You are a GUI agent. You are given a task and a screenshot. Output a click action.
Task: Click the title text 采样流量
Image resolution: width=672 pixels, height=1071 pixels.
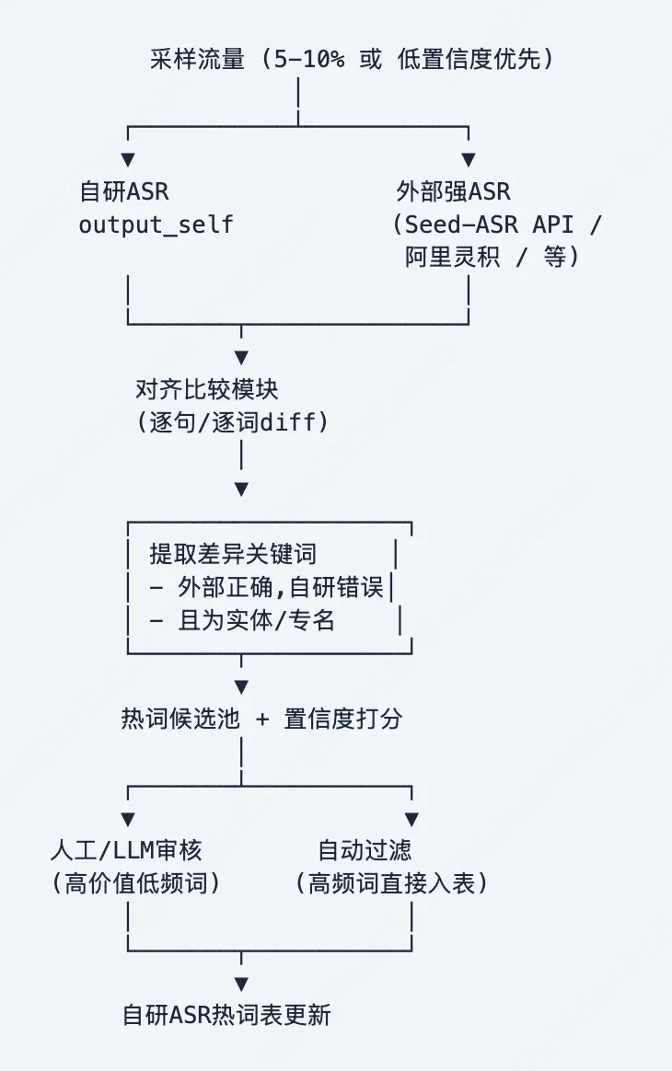(197, 61)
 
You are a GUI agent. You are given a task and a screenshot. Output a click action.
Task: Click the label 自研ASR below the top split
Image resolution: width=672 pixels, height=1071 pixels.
(124, 192)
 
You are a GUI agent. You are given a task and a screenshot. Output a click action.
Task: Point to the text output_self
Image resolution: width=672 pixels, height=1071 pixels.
(156, 225)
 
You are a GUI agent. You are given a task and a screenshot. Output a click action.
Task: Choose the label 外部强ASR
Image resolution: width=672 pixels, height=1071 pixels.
(453, 192)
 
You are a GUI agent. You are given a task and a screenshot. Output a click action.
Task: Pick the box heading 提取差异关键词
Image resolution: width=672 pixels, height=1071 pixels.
(233, 554)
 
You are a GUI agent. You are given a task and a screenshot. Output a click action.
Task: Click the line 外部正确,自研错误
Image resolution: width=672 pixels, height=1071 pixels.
(281, 587)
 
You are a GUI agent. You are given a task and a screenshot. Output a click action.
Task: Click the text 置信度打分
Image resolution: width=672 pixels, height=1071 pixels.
(342, 719)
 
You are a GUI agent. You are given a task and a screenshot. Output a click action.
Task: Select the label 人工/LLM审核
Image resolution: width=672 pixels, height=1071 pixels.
(138, 849)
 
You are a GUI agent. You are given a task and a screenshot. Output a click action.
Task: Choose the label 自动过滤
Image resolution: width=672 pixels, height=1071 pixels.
(365, 849)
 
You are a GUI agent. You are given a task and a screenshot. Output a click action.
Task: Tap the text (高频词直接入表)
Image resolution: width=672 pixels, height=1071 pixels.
(390, 883)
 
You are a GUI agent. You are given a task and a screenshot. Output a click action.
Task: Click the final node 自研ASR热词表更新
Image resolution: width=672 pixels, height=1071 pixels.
(226, 1015)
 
